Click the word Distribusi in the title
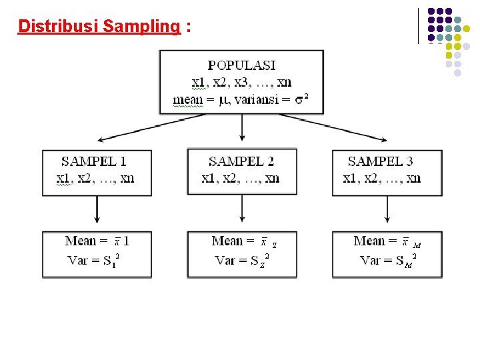point(59,26)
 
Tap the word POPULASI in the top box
point(241,65)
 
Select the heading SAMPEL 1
point(94,161)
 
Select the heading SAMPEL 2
point(241,161)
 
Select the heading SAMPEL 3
point(380,161)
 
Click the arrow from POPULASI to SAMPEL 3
point(333,127)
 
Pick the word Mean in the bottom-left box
point(81,241)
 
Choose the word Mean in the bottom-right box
point(369,241)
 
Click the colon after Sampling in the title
point(190,27)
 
